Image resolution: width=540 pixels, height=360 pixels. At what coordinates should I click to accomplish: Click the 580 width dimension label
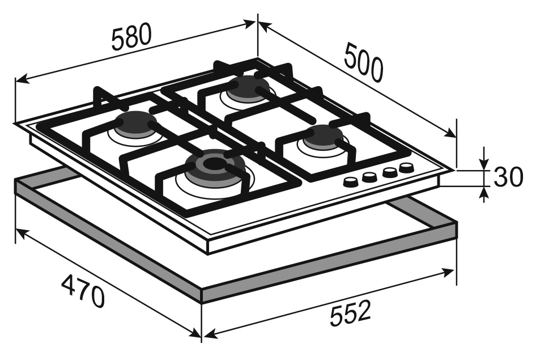coord(131,36)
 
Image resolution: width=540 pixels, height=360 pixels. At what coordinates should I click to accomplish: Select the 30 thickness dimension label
coord(508,176)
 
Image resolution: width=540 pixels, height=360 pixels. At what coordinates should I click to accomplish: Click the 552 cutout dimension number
coord(350,314)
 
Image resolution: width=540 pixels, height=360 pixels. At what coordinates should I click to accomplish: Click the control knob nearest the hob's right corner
coord(406,168)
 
